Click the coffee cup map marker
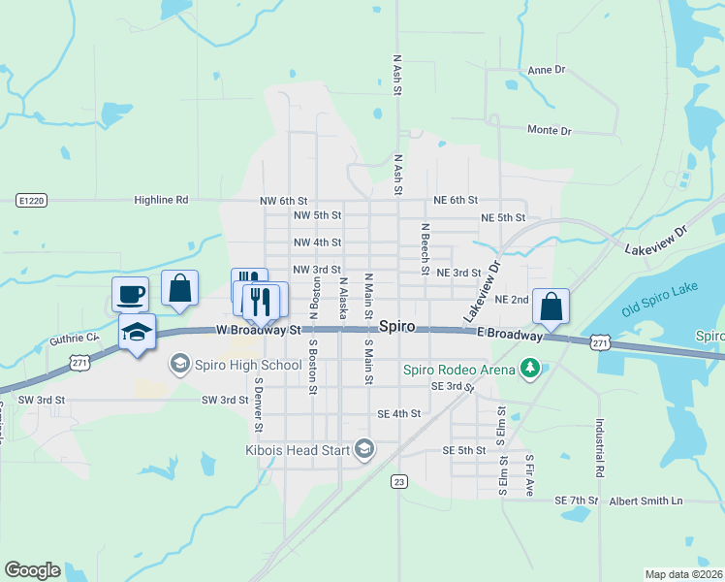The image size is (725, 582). point(131,293)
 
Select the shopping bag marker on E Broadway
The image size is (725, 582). point(551,307)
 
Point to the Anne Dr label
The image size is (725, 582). point(547,71)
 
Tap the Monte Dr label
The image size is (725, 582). point(549,131)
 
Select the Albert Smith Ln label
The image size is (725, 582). point(646,501)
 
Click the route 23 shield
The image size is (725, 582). point(400,481)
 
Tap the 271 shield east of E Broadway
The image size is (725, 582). point(601,342)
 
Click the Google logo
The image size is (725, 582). point(32,570)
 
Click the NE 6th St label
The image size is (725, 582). point(456,200)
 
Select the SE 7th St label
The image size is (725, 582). point(577,501)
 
